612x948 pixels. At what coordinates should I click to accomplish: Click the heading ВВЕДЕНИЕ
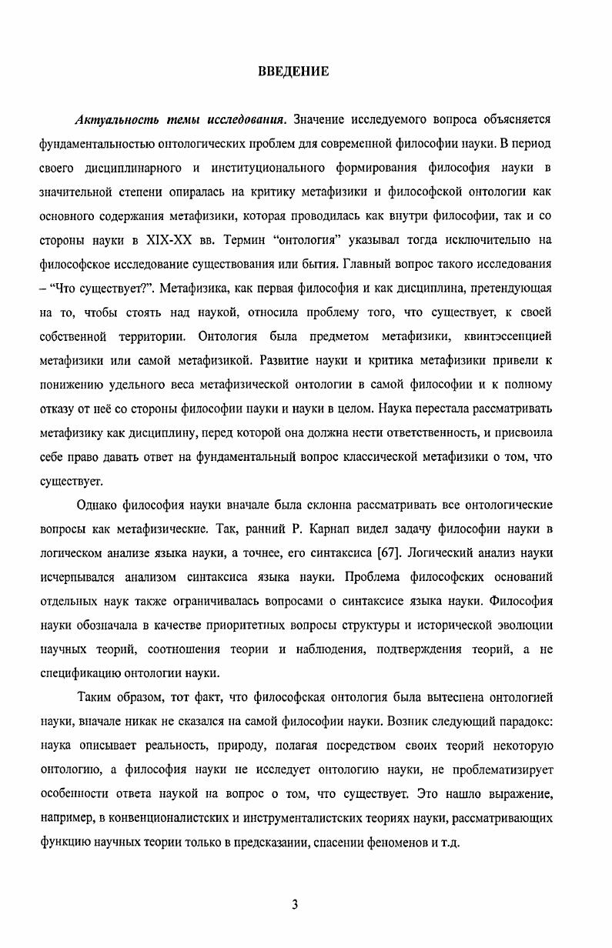[x=293, y=72]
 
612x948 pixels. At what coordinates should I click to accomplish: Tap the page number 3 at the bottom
[x=295, y=904]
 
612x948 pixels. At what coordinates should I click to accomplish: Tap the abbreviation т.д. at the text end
[x=449, y=842]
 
